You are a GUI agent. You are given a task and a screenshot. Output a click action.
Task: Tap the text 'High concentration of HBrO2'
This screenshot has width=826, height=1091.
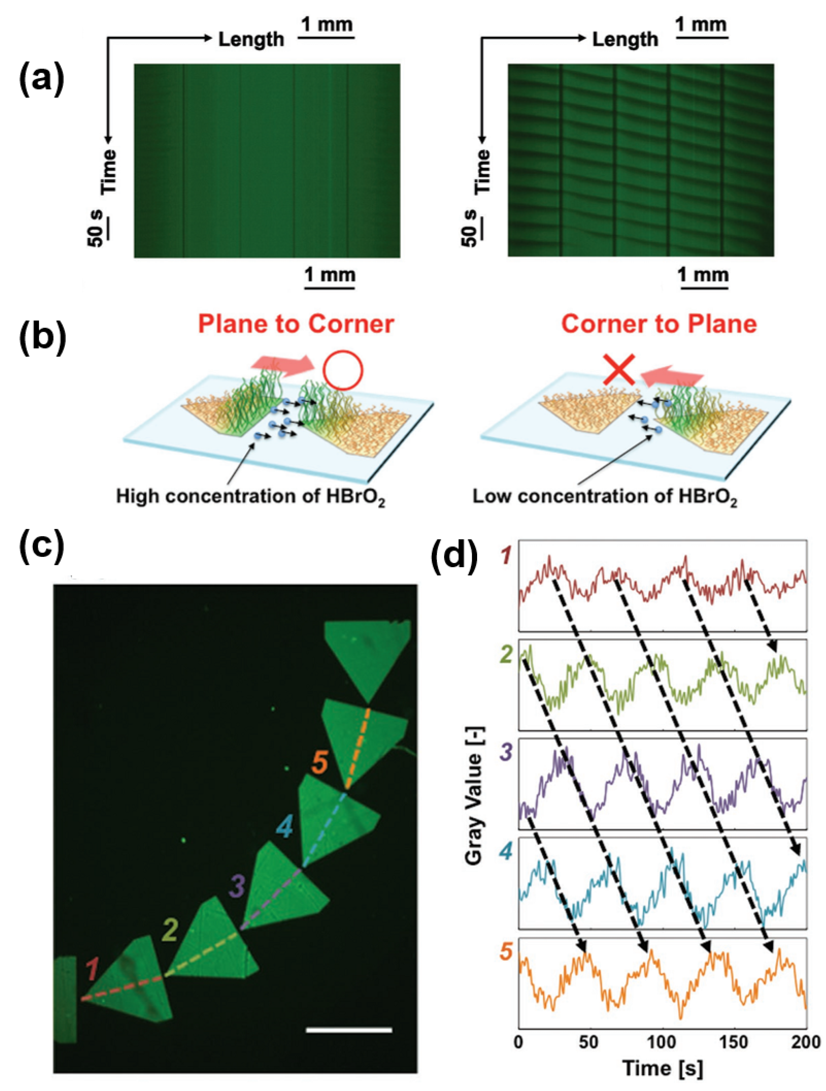[250, 496]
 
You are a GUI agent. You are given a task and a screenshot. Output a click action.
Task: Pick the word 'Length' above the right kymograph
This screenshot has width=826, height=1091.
[625, 40]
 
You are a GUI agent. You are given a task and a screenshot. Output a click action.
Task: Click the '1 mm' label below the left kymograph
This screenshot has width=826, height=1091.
[330, 275]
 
